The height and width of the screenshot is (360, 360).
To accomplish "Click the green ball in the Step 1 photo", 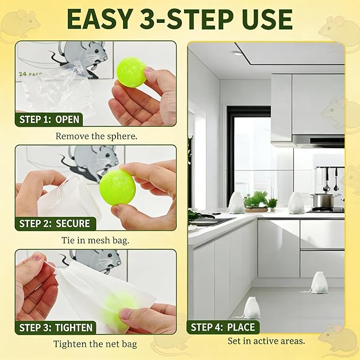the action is point(131,72).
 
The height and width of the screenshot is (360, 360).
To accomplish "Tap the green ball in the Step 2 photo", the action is point(117,187).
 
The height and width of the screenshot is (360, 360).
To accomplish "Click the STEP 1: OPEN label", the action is point(49,119).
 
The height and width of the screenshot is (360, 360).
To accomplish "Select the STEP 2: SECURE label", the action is point(55,223).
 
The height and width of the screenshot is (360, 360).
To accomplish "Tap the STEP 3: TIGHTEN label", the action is point(56,328).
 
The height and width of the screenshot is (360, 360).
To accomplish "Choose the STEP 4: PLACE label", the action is point(223,327).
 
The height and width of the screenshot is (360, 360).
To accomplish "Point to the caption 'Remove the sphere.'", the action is point(96,136).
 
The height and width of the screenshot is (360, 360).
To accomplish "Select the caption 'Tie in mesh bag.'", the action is point(95,240).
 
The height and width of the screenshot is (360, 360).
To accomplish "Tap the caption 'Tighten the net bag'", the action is point(95,344).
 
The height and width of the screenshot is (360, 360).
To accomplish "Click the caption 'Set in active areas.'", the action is point(266,341).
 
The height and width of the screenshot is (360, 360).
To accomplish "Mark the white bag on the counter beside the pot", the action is point(296,203).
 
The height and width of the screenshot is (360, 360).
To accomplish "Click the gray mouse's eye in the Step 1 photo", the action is point(96,51).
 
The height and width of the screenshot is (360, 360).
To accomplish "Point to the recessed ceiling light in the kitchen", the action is point(237,54).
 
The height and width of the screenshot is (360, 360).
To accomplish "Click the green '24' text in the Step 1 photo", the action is point(23,74).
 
